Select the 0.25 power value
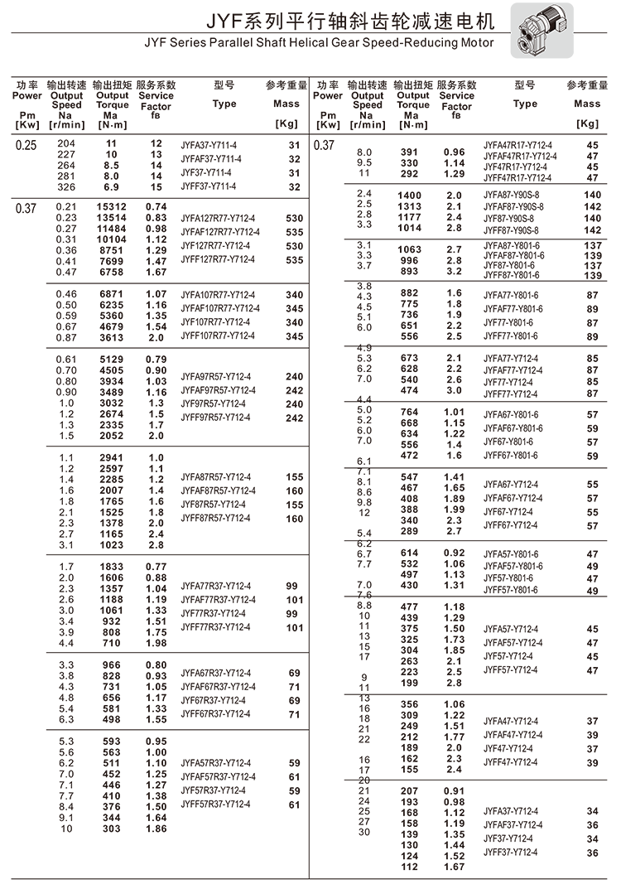click(26, 145)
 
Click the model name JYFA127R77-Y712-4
click(219, 219)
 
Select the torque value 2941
click(111, 457)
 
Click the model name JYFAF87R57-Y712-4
click(219, 491)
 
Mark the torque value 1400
click(410, 195)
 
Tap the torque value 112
click(410, 867)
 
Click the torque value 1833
click(111, 567)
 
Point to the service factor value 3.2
click(454, 271)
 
